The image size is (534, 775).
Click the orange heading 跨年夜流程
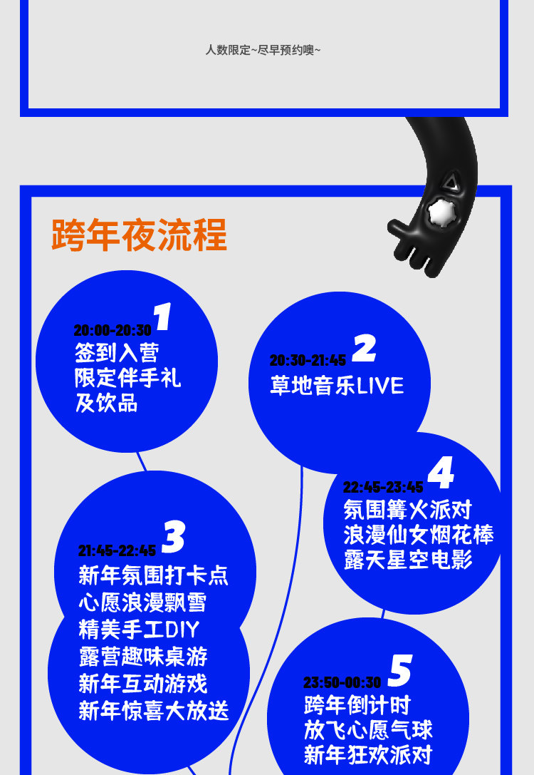(x=140, y=235)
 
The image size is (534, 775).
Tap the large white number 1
(x=163, y=317)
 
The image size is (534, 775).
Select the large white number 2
(x=364, y=349)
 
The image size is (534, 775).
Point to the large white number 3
(x=174, y=537)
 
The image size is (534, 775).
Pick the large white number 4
(x=441, y=473)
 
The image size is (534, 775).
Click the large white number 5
(x=400, y=671)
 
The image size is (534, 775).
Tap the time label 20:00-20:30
(x=112, y=331)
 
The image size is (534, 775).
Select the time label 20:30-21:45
(x=308, y=361)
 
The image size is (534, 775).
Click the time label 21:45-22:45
(x=117, y=551)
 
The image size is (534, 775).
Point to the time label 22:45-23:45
(x=383, y=488)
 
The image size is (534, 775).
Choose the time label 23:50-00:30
(x=342, y=683)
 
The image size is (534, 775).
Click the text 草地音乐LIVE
(x=337, y=386)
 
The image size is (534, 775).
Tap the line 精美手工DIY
(x=139, y=630)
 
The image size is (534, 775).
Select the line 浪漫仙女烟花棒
(x=419, y=535)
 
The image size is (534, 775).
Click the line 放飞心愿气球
(x=368, y=730)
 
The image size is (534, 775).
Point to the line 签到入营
(x=117, y=352)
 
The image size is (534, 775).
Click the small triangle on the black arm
(x=449, y=183)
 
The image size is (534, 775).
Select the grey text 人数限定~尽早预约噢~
(x=263, y=50)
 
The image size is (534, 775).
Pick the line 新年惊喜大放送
(x=154, y=711)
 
